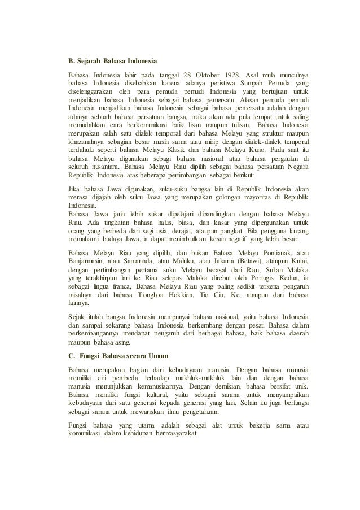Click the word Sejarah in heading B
(x=88, y=60)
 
